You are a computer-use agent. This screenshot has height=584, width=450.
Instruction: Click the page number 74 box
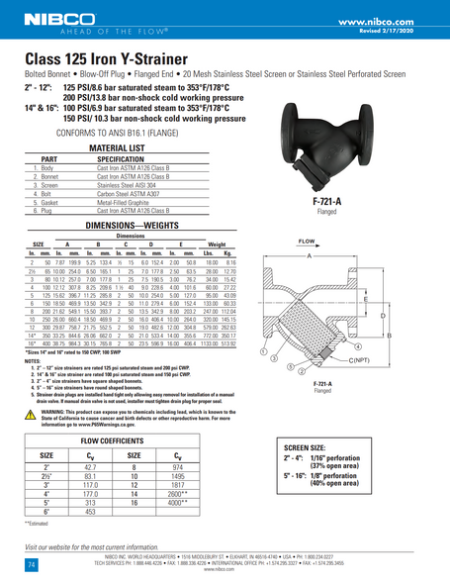[x=32, y=535]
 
